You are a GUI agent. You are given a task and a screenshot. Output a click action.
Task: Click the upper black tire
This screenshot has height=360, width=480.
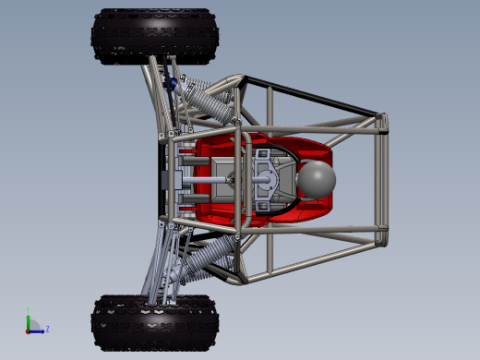click(155, 36)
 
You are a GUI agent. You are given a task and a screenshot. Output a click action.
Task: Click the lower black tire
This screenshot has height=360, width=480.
click(155, 322)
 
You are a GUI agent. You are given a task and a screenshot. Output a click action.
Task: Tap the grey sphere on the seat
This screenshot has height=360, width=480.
click(317, 179)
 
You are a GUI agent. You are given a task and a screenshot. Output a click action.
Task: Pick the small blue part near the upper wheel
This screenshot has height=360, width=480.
click(172, 84)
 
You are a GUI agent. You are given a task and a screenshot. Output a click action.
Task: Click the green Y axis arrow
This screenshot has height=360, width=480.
click(29, 320)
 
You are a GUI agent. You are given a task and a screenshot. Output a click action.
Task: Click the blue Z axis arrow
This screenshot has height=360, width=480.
click(38, 330)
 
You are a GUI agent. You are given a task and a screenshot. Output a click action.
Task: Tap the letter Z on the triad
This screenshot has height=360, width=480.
click(47, 329)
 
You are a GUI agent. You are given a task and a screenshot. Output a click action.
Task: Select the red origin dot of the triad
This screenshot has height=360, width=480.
click(29, 330)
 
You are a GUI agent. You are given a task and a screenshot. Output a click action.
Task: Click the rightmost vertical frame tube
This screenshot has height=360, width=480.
click(382, 180)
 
